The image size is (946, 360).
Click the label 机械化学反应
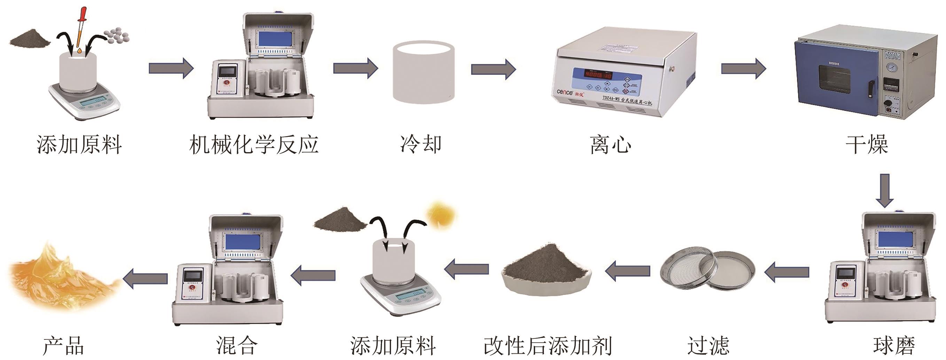253,144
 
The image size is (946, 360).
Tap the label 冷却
421,144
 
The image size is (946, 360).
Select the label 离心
611,145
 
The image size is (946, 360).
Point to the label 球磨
893,346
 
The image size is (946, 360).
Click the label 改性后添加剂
548,346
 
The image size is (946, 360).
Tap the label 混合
236,346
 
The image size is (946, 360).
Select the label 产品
63,346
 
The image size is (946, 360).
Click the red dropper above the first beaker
81,28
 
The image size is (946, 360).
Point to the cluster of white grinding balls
117,35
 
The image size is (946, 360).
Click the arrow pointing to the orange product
146,278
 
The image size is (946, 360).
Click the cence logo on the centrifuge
565,92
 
